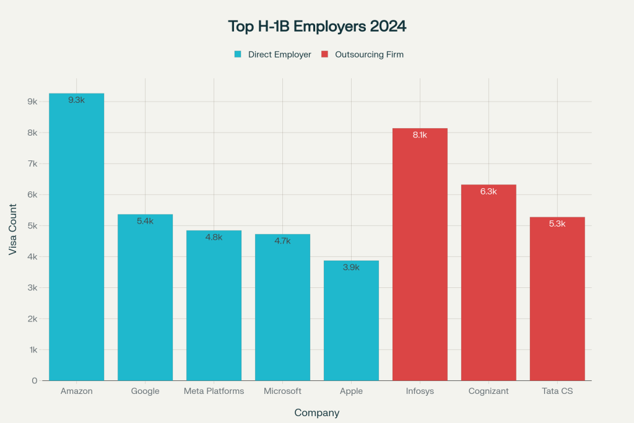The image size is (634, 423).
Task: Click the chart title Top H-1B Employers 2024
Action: tap(317, 27)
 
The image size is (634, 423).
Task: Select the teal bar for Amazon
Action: tap(77, 242)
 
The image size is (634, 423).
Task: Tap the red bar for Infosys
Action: tap(420, 260)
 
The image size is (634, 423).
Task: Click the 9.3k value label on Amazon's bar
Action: tap(77, 100)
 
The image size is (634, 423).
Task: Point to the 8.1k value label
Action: tap(420, 135)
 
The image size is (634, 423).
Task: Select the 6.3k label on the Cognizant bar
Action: tap(489, 191)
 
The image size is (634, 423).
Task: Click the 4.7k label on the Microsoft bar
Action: tap(282, 241)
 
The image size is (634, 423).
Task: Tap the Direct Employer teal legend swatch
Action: tap(238, 55)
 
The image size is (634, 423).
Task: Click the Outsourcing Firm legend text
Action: tap(369, 55)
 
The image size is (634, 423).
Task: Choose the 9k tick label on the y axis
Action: tap(32, 102)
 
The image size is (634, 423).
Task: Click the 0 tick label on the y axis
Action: tap(34, 380)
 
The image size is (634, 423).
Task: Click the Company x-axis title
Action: tap(316, 412)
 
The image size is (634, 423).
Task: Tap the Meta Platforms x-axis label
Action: tap(214, 391)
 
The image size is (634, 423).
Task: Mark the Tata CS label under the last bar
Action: tap(557, 391)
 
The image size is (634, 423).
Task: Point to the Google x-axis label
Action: tap(145, 391)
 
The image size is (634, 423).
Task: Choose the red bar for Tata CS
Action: tap(557, 303)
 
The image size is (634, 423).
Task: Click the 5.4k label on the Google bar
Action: tap(145, 221)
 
